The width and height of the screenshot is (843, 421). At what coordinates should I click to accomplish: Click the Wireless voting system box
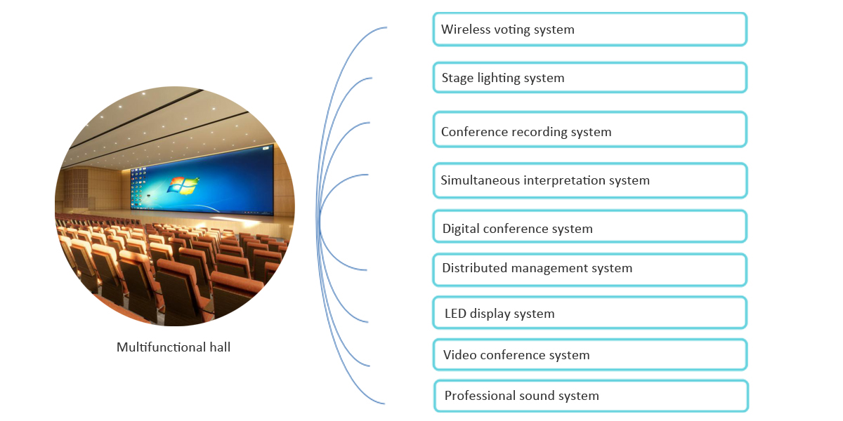(x=589, y=29)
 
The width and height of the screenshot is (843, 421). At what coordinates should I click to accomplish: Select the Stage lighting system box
(x=589, y=77)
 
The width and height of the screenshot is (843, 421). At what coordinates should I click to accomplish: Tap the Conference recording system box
(x=589, y=129)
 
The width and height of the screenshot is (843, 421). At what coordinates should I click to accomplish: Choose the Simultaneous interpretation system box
(x=589, y=180)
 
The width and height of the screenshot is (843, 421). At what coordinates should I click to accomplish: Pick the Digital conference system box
(x=589, y=227)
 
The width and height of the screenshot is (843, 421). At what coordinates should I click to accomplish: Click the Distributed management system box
(x=589, y=269)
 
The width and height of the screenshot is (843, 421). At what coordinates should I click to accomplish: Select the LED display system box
(x=589, y=312)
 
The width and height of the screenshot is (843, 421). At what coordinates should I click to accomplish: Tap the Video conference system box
(x=589, y=354)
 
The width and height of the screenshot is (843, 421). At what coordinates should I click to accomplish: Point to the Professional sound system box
(x=590, y=395)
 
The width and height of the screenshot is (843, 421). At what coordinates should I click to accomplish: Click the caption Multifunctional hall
(x=174, y=347)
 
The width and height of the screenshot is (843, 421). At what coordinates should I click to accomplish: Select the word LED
(x=455, y=314)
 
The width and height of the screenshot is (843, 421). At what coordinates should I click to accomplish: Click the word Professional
(x=478, y=396)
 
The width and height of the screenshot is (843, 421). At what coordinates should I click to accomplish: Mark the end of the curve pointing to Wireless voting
(x=386, y=28)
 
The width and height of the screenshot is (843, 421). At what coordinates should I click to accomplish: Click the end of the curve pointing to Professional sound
(x=384, y=403)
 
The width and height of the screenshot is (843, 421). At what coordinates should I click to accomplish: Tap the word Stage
(x=457, y=79)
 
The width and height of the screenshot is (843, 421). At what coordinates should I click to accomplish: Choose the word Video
(x=459, y=355)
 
